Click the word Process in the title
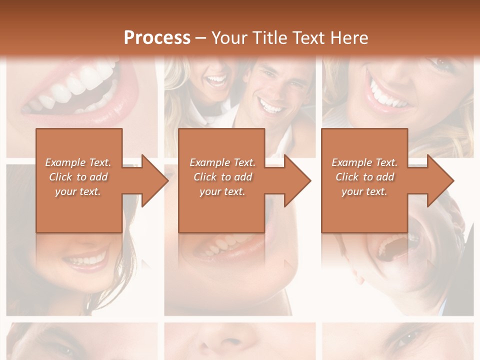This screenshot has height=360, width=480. click(x=157, y=37)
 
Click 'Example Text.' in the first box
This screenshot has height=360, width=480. click(x=78, y=162)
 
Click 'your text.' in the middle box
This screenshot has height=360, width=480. click(x=222, y=191)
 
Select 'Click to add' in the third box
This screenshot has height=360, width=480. click(x=365, y=177)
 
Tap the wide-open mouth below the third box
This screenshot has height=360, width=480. click(x=395, y=245)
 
